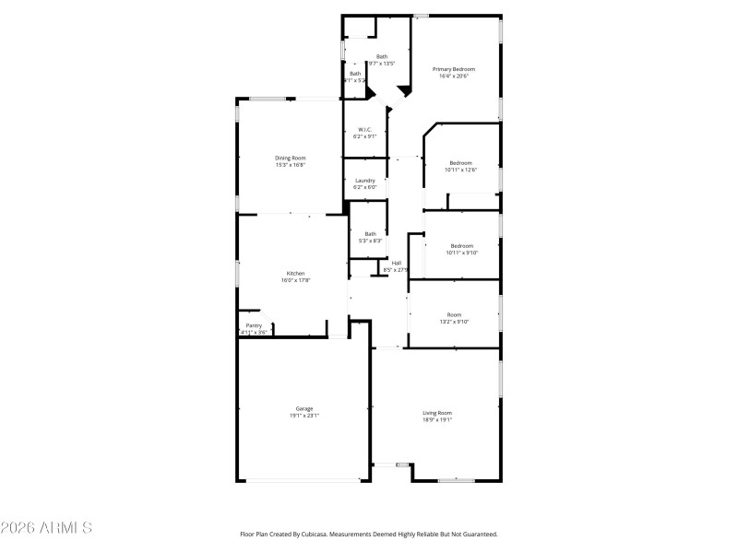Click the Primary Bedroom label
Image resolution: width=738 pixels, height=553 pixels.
pyautogui.click(x=454, y=69)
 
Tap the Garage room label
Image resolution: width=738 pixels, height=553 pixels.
pyautogui.click(x=304, y=408)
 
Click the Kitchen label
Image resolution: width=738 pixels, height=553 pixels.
pyautogui.click(x=295, y=273)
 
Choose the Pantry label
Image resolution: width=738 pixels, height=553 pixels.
pyautogui.click(x=254, y=325)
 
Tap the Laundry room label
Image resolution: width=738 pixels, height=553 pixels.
pyautogui.click(x=365, y=180)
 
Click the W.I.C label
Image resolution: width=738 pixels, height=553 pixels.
pyautogui.click(x=364, y=129)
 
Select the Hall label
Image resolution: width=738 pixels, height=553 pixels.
pyautogui.click(x=396, y=263)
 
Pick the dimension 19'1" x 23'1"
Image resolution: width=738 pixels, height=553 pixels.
pyautogui.click(x=304, y=416)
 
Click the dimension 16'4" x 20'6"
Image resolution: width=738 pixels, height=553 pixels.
pyautogui.click(x=454, y=76)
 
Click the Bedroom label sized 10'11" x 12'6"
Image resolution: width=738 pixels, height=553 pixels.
pyautogui.click(x=460, y=162)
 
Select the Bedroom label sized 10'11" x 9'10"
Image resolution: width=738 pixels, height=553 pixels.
pyautogui.click(x=461, y=245)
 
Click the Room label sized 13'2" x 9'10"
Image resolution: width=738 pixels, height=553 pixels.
pyautogui.click(x=454, y=314)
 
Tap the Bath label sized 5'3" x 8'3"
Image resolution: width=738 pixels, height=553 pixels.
pyautogui.click(x=370, y=233)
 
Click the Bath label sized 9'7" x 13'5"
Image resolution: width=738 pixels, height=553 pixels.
pyautogui.click(x=382, y=56)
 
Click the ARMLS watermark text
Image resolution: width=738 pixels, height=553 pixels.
pyautogui.click(x=46, y=528)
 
